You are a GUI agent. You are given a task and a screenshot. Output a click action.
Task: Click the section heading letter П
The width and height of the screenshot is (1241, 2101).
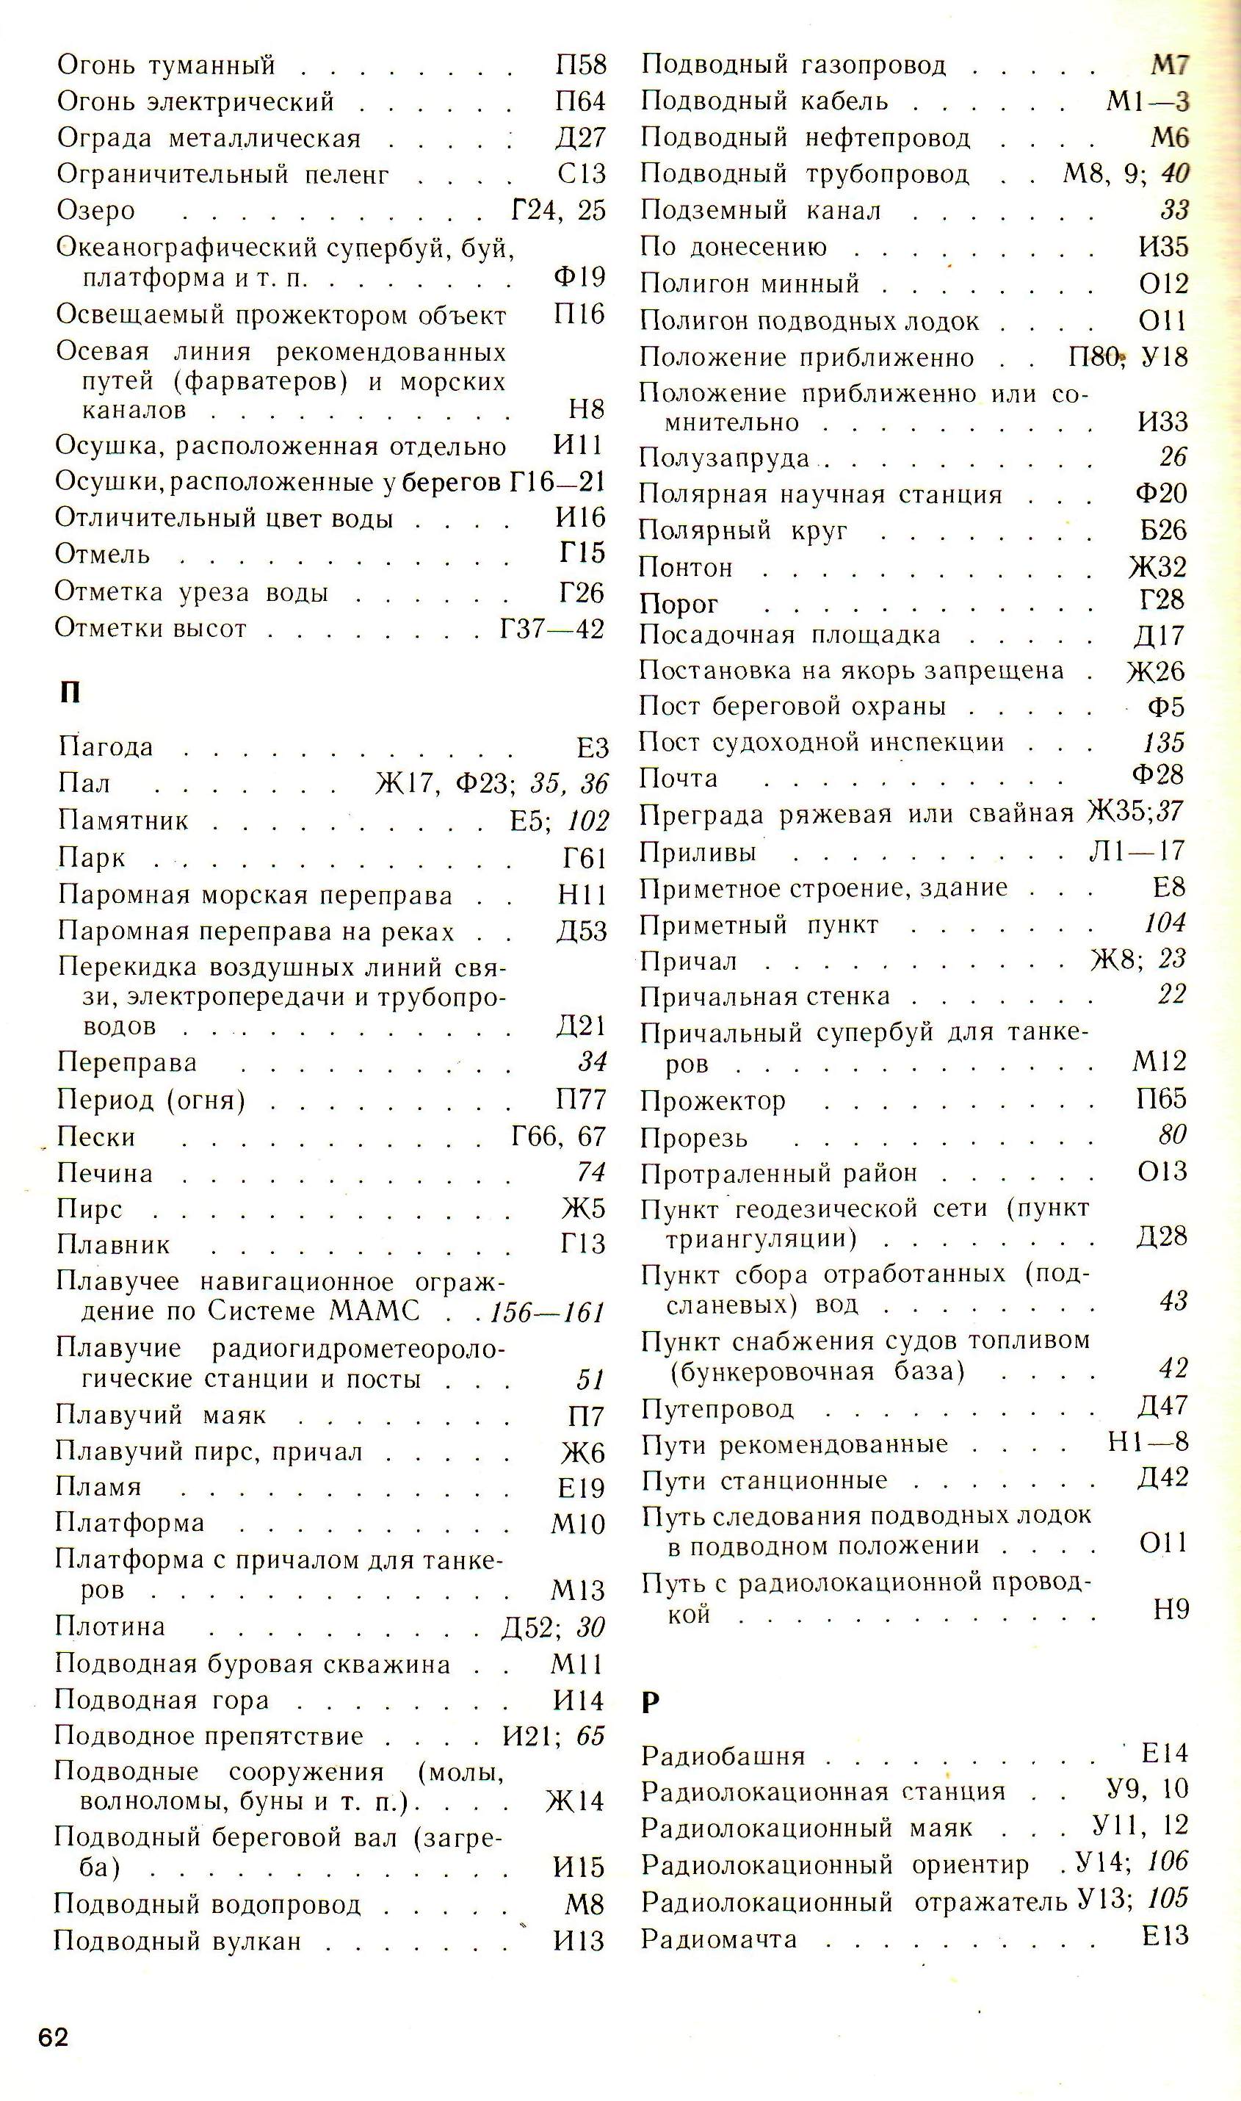(70, 693)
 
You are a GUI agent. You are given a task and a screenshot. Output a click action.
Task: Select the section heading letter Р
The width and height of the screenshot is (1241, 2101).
(651, 1702)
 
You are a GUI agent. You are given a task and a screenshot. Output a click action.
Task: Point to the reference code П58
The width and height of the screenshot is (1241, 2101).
(580, 65)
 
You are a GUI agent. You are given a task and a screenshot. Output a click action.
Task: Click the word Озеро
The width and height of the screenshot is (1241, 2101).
(95, 210)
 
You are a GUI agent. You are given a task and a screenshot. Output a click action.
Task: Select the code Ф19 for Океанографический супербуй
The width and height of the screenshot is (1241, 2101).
(579, 277)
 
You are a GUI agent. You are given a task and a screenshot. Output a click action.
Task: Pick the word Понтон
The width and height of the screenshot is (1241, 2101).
(686, 567)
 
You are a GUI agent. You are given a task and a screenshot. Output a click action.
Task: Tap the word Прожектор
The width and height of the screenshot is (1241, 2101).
(712, 1100)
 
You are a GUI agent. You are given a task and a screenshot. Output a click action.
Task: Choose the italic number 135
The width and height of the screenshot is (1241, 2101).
(1164, 742)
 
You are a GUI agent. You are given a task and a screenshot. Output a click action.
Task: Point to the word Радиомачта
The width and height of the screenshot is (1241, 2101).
(718, 1939)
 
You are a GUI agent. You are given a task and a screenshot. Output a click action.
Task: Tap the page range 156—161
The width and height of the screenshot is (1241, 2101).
(547, 1312)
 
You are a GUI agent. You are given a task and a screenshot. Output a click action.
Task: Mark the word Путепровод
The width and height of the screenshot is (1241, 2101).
(717, 1408)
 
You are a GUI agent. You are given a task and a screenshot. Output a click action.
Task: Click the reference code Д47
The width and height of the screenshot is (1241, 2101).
(1162, 1407)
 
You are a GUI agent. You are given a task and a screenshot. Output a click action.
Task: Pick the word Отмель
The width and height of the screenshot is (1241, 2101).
(102, 554)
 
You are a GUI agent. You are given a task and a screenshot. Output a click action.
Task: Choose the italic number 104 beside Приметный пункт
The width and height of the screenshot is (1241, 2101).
(1165, 923)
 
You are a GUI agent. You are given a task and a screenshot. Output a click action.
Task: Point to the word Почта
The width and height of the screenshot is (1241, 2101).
(679, 779)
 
